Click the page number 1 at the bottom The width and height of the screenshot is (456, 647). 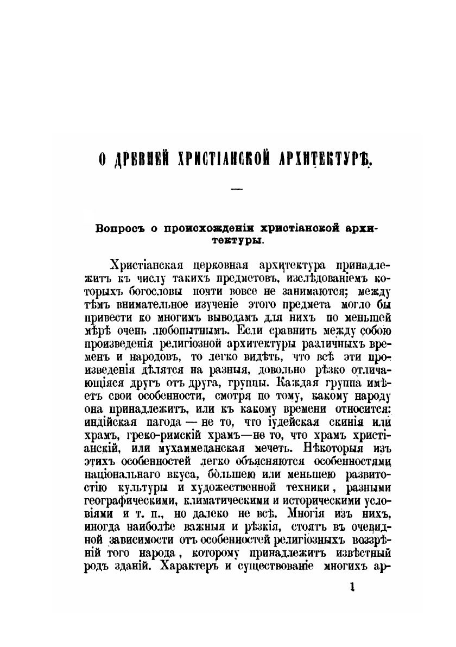pyautogui.click(x=353, y=587)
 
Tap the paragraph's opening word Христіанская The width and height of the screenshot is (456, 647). pyautogui.click(x=143, y=265)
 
